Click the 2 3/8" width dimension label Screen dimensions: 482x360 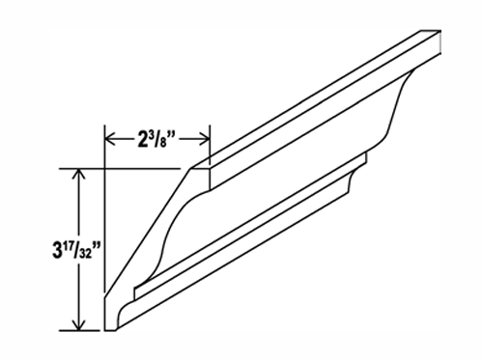click(156, 140)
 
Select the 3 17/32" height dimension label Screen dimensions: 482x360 click(76, 250)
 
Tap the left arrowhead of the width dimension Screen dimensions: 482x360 click(111, 140)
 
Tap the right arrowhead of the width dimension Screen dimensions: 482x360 click(205, 140)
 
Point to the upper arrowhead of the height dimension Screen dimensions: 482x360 click(79, 175)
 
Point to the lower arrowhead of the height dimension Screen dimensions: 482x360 click(79, 324)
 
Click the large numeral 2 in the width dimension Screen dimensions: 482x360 click(142, 141)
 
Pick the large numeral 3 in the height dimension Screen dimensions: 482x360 click(57, 251)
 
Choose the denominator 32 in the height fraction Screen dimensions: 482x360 click(85, 254)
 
